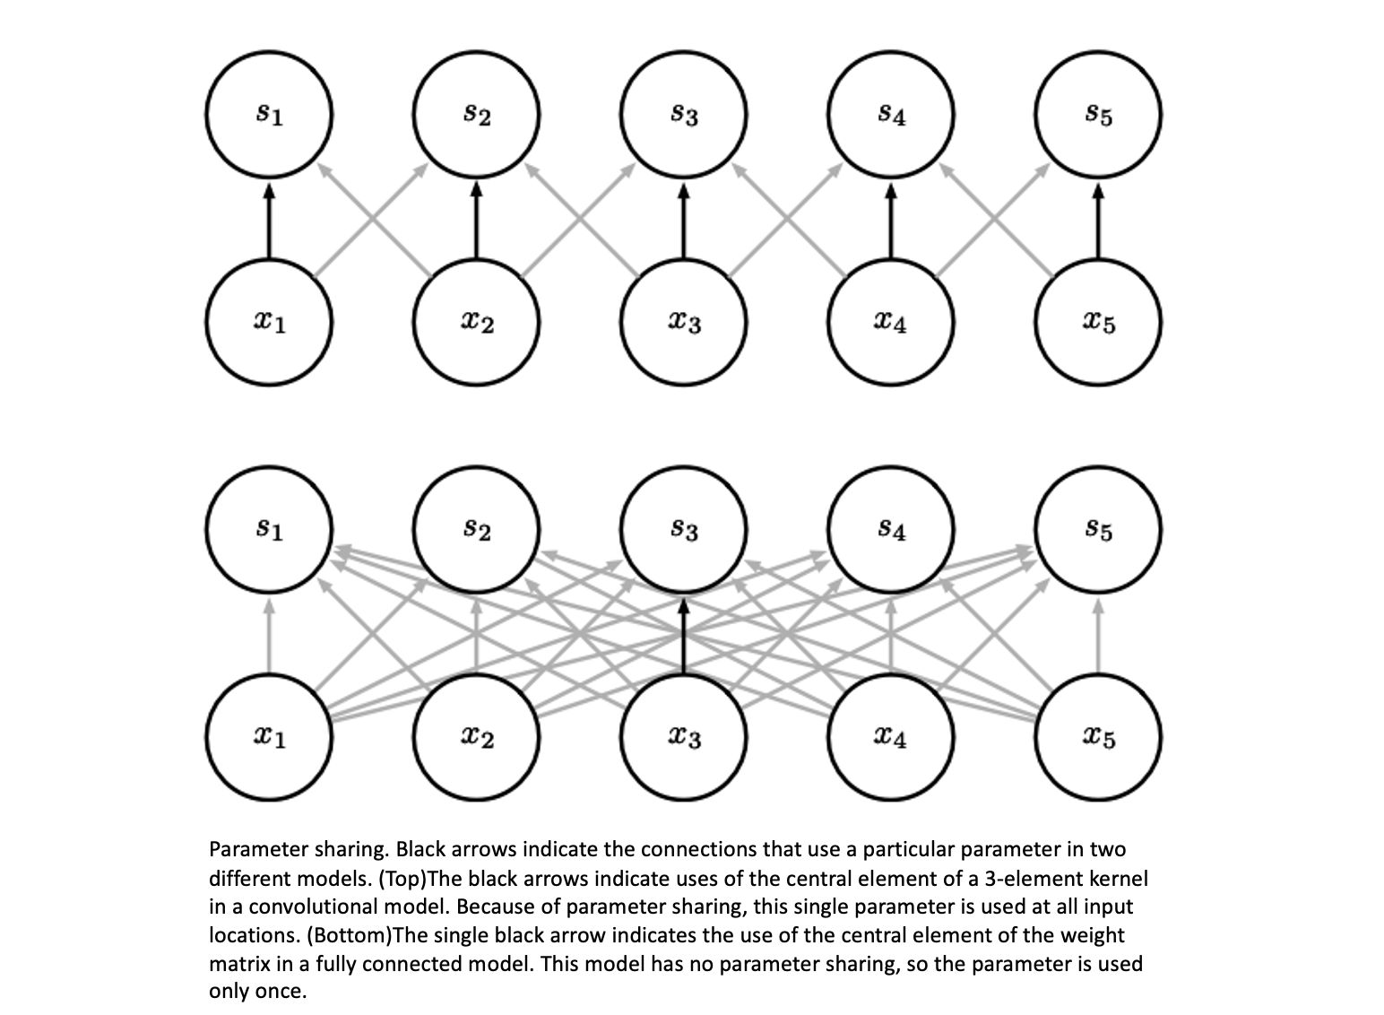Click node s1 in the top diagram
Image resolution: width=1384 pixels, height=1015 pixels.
[x=269, y=115]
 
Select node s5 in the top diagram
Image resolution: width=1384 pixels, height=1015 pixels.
[x=1098, y=115]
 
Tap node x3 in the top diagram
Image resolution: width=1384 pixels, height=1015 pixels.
[x=683, y=322]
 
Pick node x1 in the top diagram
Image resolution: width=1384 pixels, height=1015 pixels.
[x=269, y=322]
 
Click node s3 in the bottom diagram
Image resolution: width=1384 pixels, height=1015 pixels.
[x=683, y=530]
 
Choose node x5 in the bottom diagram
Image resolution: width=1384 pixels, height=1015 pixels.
[x=1098, y=737]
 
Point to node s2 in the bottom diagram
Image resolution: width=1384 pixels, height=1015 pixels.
[x=476, y=530]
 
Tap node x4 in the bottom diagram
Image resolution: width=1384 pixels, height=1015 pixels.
[x=890, y=737]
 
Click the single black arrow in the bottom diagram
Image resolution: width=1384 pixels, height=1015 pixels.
[x=683, y=636]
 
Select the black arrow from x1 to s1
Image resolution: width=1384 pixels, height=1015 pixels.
[x=269, y=221]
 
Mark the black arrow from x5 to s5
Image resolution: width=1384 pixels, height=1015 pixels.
[x=1098, y=221]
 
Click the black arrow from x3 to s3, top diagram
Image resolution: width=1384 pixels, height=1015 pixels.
[x=683, y=221]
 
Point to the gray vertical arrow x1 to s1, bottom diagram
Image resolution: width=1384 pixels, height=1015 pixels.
[x=269, y=636]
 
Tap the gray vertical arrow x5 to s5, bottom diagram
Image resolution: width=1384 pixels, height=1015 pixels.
[x=1098, y=636]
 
